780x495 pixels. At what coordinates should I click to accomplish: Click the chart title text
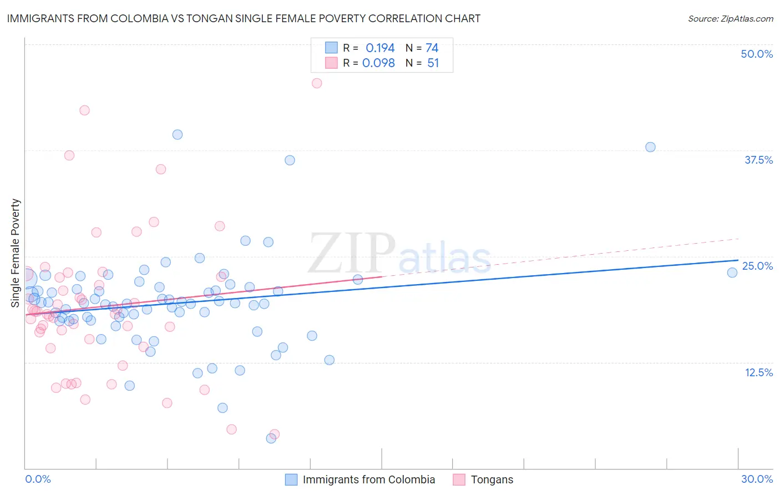click(244, 18)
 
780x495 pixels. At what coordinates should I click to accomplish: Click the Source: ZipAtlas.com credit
click(730, 19)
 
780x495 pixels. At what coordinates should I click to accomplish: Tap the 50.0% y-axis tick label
click(757, 54)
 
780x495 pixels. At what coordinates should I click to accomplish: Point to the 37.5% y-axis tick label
click(758, 160)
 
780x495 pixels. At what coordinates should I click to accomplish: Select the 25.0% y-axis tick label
click(757, 266)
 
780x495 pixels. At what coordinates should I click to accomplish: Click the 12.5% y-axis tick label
click(758, 372)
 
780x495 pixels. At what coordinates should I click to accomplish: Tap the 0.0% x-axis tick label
click(38, 479)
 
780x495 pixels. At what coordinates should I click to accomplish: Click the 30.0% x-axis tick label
click(757, 479)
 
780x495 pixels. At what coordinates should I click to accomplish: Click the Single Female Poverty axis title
click(16, 253)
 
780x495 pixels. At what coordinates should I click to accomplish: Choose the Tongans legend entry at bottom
click(492, 479)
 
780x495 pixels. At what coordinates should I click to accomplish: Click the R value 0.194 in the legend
click(380, 48)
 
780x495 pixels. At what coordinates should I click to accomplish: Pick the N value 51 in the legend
click(433, 63)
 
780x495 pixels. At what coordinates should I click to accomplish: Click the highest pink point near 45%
click(317, 83)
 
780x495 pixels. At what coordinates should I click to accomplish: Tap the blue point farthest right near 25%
click(732, 272)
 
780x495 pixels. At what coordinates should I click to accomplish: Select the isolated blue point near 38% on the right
click(650, 147)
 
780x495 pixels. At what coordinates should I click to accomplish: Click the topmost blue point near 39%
click(178, 134)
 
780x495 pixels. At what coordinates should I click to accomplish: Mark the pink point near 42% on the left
click(84, 110)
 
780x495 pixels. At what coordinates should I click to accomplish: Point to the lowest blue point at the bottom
click(271, 438)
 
